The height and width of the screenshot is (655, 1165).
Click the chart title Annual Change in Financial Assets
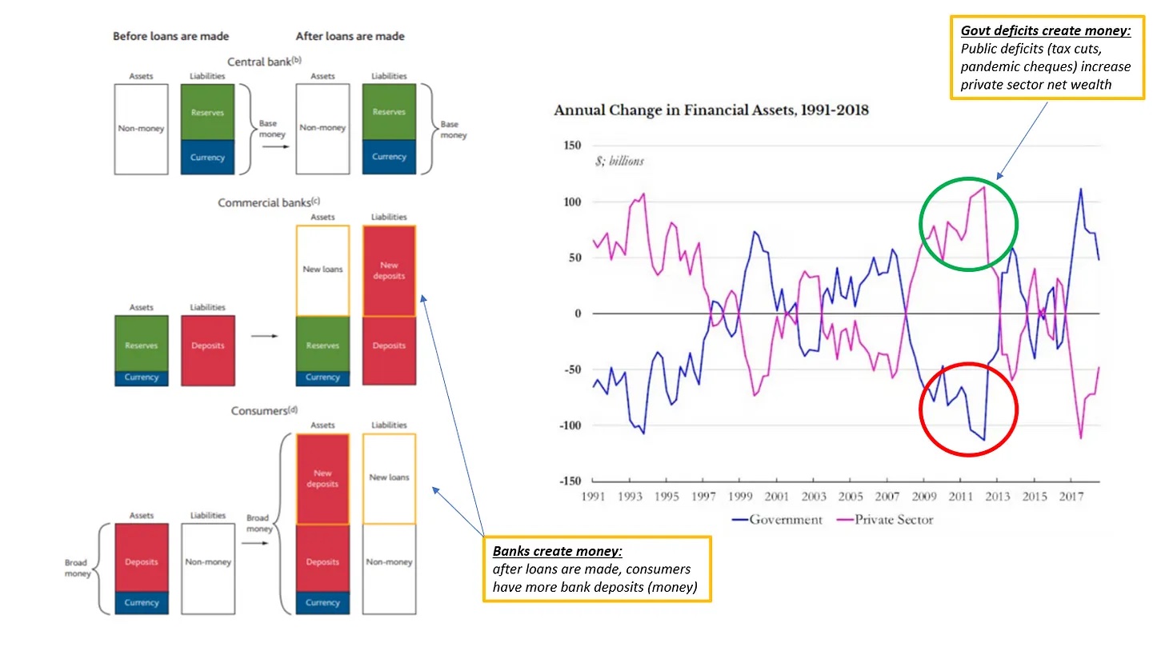click(x=711, y=110)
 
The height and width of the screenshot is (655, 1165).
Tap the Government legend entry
click(x=777, y=520)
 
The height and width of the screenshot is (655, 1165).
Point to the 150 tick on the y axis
click(x=571, y=146)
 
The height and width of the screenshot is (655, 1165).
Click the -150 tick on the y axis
click(x=569, y=481)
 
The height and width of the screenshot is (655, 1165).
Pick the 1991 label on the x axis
click(x=593, y=496)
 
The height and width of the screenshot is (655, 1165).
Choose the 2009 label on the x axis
click(x=924, y=496)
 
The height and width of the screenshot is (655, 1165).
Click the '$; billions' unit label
click(x=619, y=161)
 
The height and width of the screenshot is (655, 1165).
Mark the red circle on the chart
click(x=968, y=409)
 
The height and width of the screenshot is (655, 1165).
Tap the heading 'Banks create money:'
click(x=545, y=553)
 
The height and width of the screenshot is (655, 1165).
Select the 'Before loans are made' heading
click(x=170, y=36)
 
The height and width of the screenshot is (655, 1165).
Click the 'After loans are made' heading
click(x=350, y=36)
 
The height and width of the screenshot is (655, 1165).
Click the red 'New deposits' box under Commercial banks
click(x=389, y=271)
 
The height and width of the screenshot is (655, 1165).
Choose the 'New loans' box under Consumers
click(x=389, y=478)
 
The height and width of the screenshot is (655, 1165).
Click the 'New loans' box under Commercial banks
click(x=322, y=270)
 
